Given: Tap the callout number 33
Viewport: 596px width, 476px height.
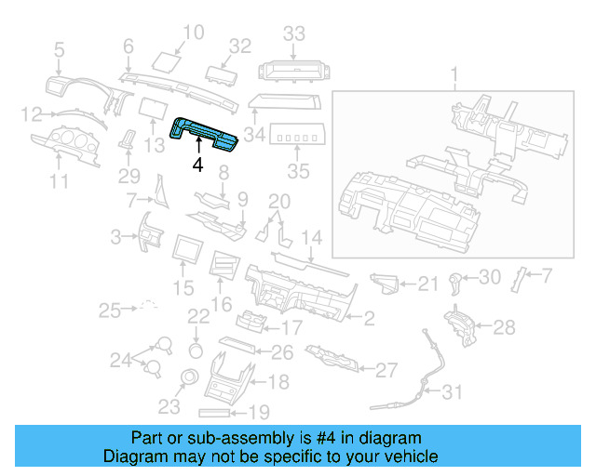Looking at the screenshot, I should (x=294, y=33).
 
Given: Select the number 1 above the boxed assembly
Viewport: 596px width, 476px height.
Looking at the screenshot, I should (x=454, y=73).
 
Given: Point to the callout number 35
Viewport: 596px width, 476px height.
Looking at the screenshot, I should (x=297, y=171).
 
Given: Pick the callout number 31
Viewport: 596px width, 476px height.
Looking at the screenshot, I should (x=451, y=392).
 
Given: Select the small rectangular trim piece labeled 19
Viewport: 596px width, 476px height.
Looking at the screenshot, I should (x=221, y=411).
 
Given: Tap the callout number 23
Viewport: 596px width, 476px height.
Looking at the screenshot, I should (x=169, y=406).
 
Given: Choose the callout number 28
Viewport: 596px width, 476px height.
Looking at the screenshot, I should (x=503, y=326).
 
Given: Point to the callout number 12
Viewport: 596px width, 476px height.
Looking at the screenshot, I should (x=33, y=114).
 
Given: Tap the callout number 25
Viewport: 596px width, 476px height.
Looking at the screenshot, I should (x=111, y=309).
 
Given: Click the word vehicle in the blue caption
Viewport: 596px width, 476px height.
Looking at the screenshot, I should (x=409, y=456).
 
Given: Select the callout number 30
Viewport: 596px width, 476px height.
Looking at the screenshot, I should (x=490, y=277).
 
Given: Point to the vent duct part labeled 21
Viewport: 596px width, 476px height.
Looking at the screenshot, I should (x=386, y=282).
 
